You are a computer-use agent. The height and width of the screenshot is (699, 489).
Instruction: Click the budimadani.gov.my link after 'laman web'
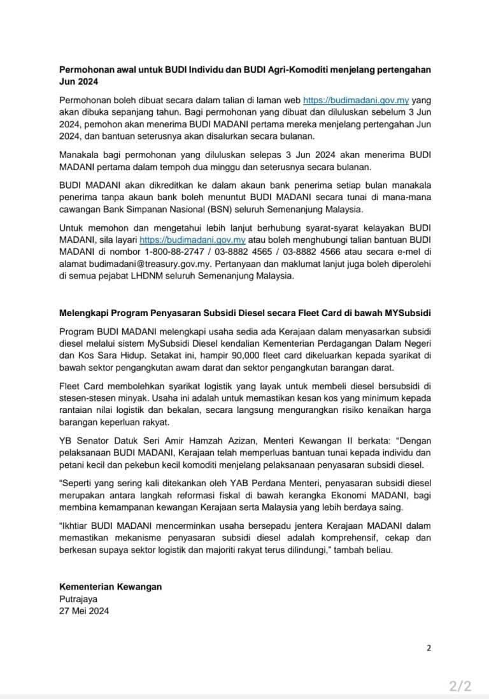tap(355, 101)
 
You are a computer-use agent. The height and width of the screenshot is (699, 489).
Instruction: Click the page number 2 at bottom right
tap(429, 648)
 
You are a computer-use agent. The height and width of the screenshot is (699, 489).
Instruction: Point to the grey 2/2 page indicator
tap(460, 686)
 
